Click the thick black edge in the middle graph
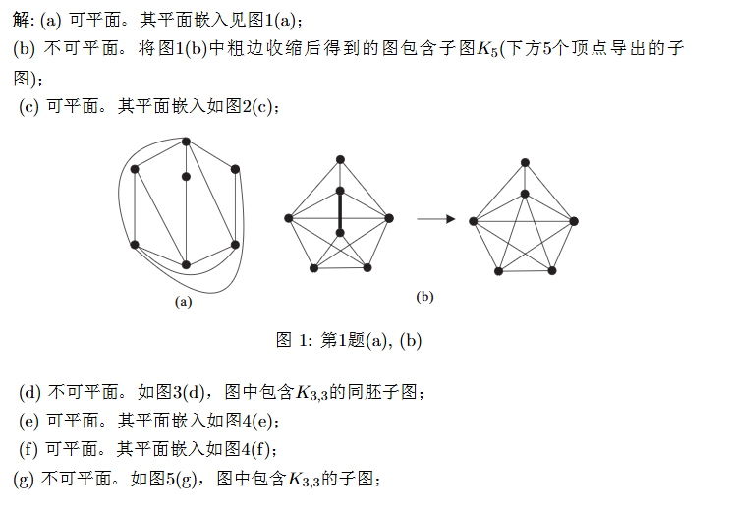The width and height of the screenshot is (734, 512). (340, 211)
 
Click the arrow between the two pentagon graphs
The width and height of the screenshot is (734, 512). (435, 219)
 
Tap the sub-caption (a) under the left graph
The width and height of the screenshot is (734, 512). (183, 303)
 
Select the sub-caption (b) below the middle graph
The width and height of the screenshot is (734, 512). (424, 296)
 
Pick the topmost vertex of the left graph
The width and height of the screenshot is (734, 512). (186, 142)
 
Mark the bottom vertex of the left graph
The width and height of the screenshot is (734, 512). (186, 265)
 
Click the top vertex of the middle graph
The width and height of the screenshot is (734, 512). (340, 159)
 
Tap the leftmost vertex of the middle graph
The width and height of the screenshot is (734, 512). (288, 218)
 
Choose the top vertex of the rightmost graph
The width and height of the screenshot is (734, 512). (526, 162)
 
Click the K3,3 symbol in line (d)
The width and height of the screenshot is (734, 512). (311, 394)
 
